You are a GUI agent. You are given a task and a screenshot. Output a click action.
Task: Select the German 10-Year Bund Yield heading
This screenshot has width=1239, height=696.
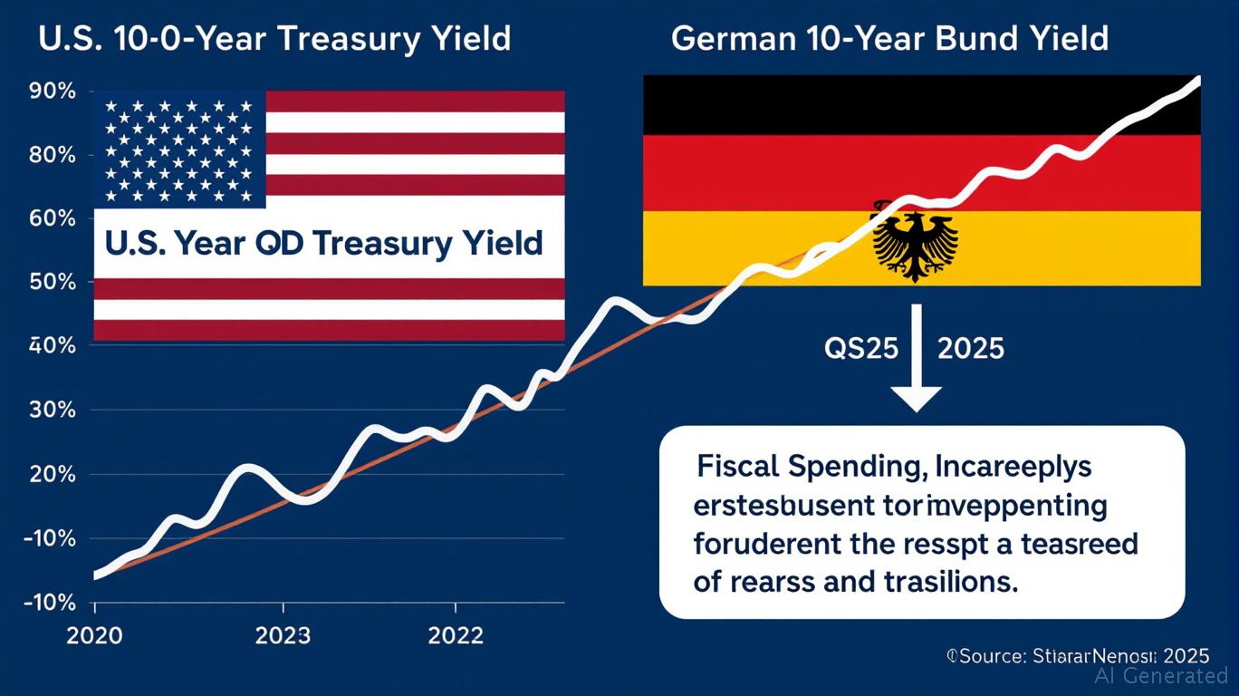(x=890, y=39)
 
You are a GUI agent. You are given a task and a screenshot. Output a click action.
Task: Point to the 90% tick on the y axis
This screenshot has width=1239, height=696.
(x=53, y=92)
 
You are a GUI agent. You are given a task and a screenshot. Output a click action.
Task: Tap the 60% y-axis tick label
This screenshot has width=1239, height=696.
(x=53, y=219)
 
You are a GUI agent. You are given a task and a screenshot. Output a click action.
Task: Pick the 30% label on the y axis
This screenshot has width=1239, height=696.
(x=53, y=411)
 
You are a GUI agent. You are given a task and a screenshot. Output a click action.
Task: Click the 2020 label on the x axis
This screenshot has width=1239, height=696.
(x=94, y=635)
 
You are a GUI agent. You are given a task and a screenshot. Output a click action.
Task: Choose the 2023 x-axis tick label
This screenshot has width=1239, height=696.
(x=283, y=635)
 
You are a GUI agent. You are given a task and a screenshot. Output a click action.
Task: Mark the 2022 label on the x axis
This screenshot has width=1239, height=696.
(x=456, y=635)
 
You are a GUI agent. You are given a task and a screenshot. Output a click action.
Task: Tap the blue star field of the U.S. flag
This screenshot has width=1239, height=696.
(x=179, y=149)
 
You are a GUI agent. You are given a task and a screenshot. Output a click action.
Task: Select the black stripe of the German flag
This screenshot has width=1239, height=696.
(x=922, y=105)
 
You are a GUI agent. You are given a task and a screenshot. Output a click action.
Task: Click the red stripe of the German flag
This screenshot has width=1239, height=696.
(x=922, y=172)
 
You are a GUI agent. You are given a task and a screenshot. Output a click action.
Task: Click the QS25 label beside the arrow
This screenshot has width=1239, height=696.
(x=860, y=349)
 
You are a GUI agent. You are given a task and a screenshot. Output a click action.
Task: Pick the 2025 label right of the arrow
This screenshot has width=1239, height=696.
(x=970, y=349)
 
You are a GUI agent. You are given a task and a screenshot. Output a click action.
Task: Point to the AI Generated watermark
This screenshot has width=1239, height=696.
(x=1161, y=675)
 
